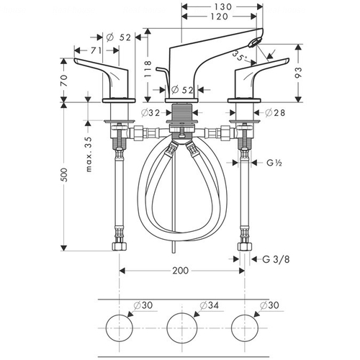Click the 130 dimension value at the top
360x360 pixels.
pyautogui.click(x=222, y=6)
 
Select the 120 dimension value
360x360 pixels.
pyautogui.click(x=220, y=17)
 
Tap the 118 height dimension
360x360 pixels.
pyautogui.click(x=148, y=69)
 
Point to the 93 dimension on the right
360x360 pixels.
pyautogui.click(x=298, y=73)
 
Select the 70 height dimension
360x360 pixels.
pyautogui.click(x=64, y=81)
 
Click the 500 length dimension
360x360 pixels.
pyautogui.click(x=64, y=175)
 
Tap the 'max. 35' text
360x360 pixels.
pyautogui.click(x=89, y=154)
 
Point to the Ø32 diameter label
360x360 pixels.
pyautogui.click(x=150, y=112)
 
